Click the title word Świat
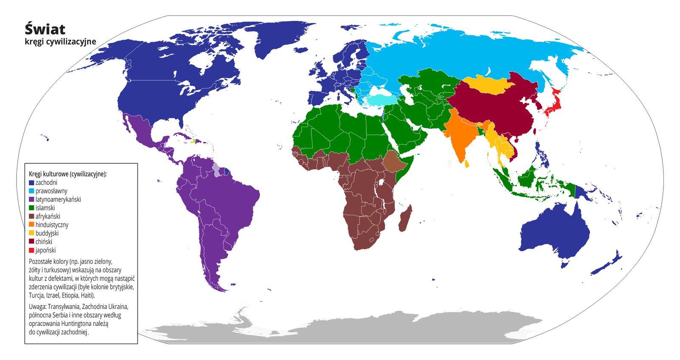point(45,29)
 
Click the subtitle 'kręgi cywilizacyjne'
point(60,42)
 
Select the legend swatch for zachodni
point(31,183)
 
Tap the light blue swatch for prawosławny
point(31,191)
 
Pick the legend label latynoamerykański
point(58,199)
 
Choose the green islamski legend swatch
point(31,208)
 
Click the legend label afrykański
point(48,216)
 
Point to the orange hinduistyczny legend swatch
point(31,225)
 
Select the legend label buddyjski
point(47,233)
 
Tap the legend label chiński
point(44,242)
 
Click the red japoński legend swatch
point(31,250)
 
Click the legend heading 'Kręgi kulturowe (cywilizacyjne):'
point(68,174)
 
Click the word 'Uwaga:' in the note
point(38,306)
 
